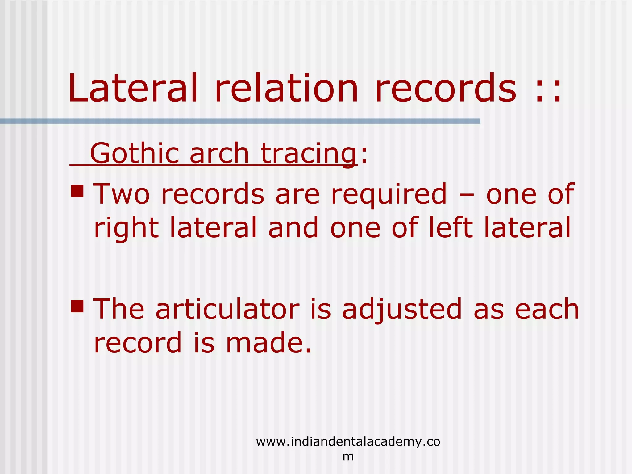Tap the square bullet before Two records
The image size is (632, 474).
pos(77,191)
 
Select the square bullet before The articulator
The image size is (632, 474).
pos(77,306)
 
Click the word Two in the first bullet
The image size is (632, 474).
pos(121,194)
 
